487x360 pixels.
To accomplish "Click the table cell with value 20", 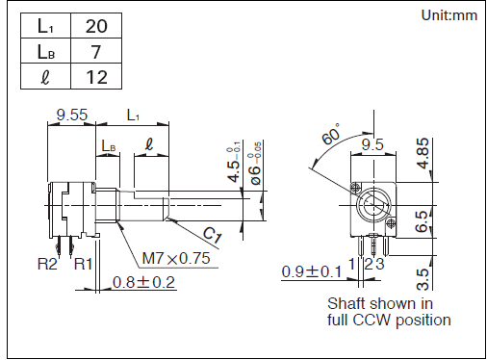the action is (x=96, y=26).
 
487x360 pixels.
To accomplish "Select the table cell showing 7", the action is (x=96, y=51).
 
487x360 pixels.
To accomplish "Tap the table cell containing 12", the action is (x=96, y=76).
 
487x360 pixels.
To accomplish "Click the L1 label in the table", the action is (x=45, y=26).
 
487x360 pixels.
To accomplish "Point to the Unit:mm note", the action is (x=449, y=15).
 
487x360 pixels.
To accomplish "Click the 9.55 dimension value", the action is (x=71, y=115).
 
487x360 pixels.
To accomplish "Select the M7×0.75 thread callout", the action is (x=176, y=258).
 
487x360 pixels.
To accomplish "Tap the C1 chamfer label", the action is (x=213, y=235).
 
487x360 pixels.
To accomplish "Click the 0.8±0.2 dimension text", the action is (x=143, y=282).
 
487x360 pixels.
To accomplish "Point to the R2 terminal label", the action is (x=47, y=264).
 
